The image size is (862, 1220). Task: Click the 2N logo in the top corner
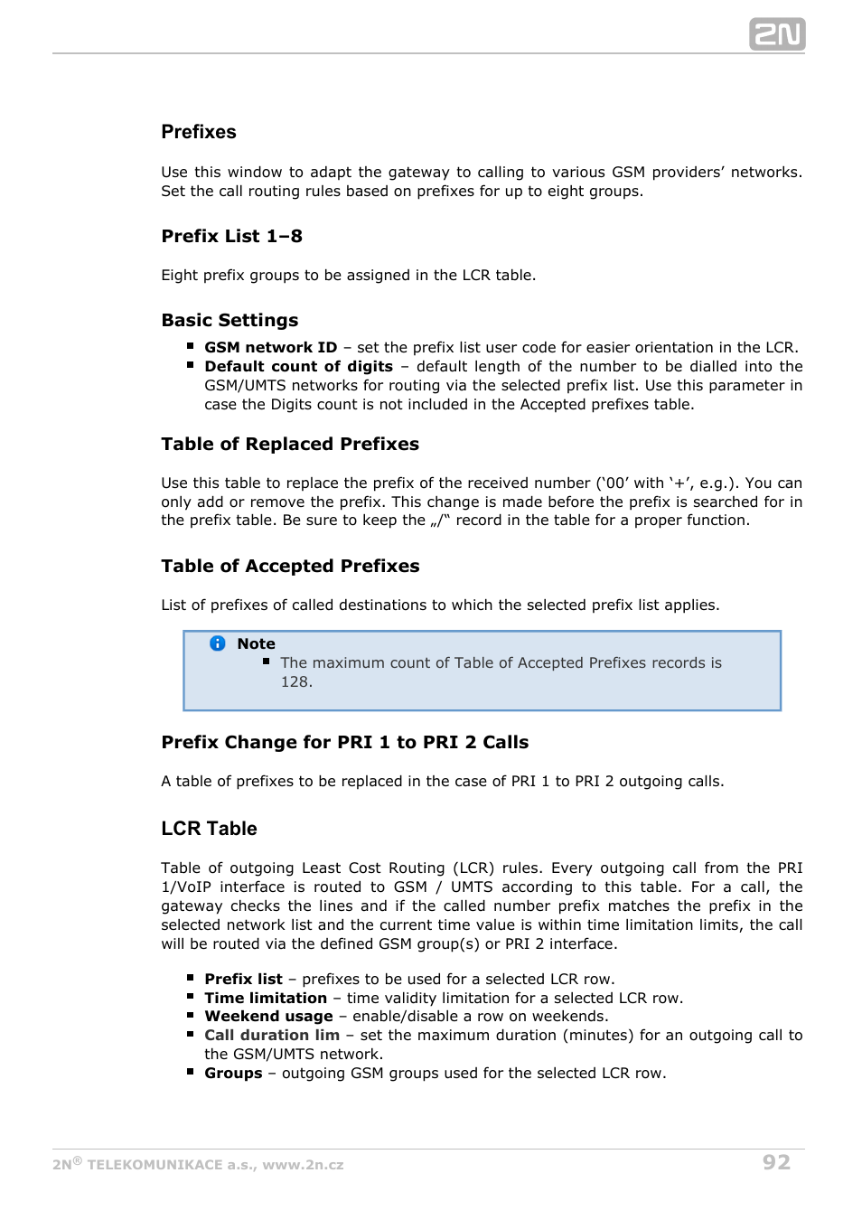[776, 34]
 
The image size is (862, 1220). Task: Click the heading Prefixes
[199, 132]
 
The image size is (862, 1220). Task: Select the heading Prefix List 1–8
[231, 236]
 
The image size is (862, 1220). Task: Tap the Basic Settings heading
[230, 320]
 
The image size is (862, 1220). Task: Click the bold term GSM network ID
[270, 347]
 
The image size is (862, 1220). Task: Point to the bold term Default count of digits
[298, 366]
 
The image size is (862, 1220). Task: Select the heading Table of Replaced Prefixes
[290, 444]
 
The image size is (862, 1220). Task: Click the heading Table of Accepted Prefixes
[290, 566]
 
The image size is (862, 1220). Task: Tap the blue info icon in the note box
[218, 643]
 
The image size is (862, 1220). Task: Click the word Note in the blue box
[256, 643]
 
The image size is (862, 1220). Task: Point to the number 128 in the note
[295, 681]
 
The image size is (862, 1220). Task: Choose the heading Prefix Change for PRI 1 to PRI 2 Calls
[344, 742]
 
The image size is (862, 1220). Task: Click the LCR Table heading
[209, 829]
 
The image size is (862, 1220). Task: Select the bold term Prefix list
[243, 979]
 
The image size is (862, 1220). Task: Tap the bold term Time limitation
[266, 998]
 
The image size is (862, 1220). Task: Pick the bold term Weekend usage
[268, 1016]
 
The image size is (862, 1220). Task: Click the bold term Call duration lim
[272, 1035]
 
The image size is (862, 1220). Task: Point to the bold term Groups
[233, 1073]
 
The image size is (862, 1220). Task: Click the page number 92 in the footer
[776, 1162]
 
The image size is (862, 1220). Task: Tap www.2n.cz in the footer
[303, 1165]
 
